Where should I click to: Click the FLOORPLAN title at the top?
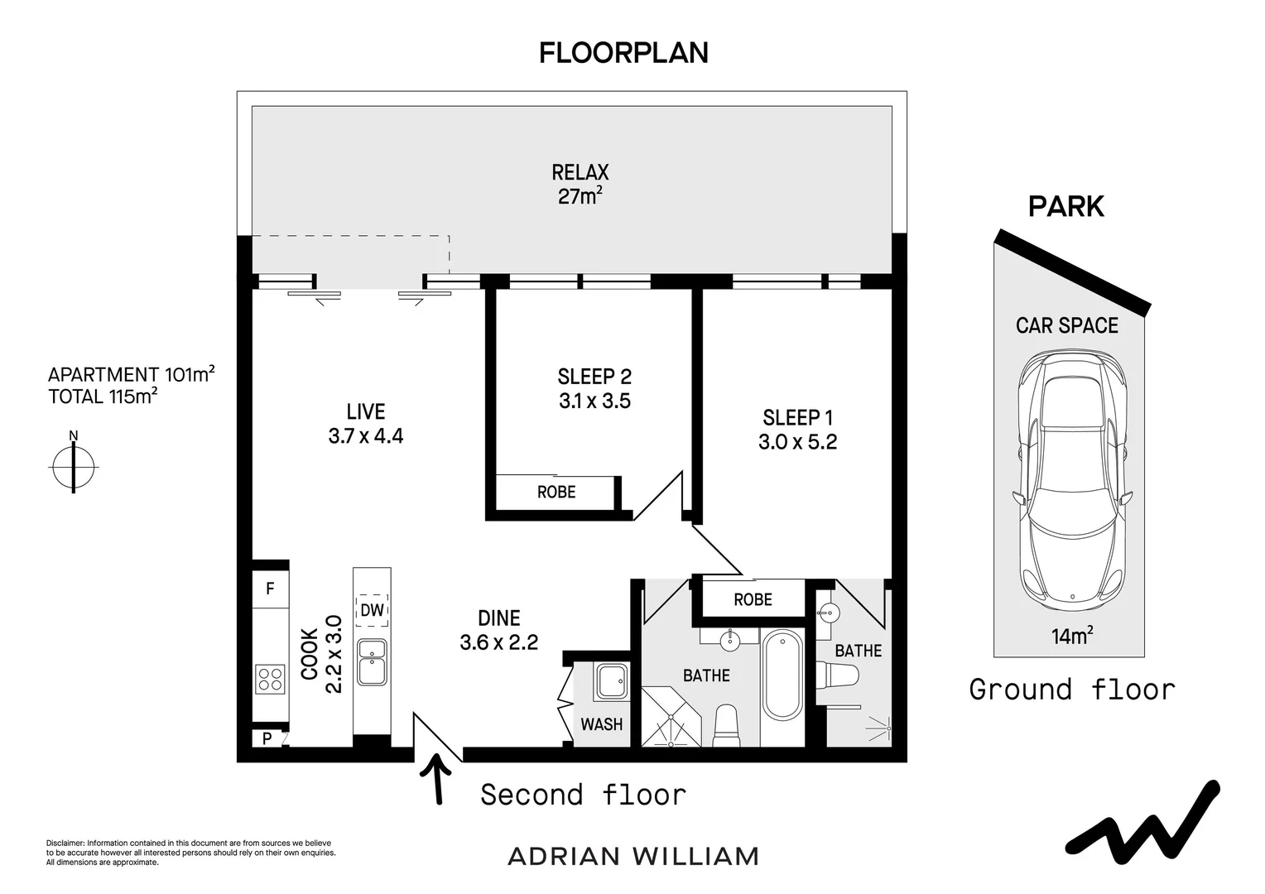(623, 53)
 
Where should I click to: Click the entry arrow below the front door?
(435, 781)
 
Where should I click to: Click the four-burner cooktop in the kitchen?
(270, 679)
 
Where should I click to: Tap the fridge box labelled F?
(270, 589)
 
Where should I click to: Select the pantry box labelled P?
(267, 738)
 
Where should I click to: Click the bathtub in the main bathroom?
(782, 675)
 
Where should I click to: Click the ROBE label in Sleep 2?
(556, 493)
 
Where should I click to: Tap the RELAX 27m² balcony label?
(580, 184)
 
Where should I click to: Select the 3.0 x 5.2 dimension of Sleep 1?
(797, 442)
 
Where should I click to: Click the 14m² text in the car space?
(1072, 636)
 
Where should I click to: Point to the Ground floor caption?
(1072, 689)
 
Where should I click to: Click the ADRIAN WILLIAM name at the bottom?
(633, 856)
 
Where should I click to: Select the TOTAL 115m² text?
(103, 397)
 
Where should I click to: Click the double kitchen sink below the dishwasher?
(372, 662)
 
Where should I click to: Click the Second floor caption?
(584, 795)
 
